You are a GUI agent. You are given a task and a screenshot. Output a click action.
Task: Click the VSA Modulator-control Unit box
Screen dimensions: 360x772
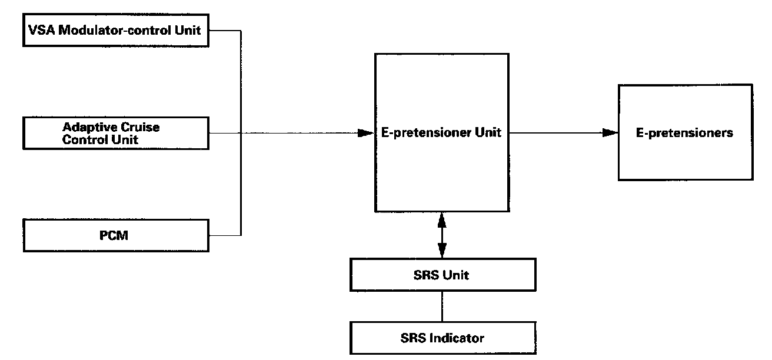click(x=116, y=30)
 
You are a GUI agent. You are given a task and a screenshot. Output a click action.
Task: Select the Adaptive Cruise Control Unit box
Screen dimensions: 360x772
click(x=116, y=133)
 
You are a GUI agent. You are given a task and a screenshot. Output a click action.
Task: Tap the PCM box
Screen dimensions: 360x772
click(x=116, y=236)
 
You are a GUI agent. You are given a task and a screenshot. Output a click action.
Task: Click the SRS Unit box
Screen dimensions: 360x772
click(x=442, y=275)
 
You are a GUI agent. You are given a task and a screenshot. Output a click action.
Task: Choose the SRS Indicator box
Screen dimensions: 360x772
click(x=442, y=338)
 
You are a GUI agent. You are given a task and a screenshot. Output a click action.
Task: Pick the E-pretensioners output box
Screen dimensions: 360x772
click(x=685, y=132)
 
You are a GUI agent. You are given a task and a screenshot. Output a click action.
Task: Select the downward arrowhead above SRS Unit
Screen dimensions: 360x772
click(x=442, y=251)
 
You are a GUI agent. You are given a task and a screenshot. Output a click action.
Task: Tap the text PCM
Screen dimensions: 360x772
click(x=116, y=236)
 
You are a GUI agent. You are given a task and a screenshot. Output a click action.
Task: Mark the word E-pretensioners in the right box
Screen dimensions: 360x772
click(x=685, y=133)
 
